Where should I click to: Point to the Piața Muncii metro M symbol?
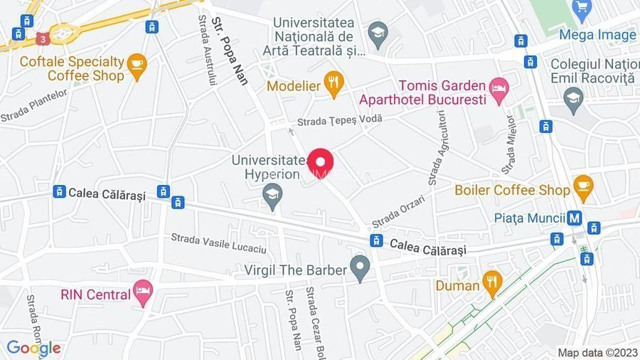tap(575, 218)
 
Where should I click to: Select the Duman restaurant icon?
tap(491, 282)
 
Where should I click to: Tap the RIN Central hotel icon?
tap(144, 292)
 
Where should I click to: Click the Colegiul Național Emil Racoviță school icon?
tap(572, 98)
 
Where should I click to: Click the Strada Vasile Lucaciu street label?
tap(218, 242)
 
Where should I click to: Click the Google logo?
tap(33, 349)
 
